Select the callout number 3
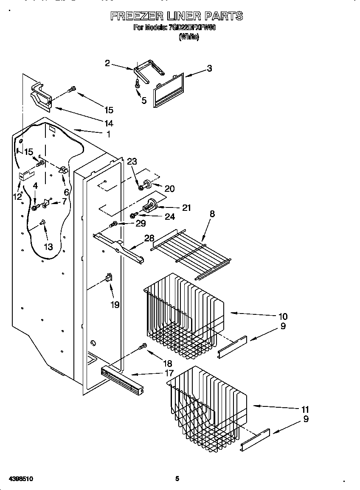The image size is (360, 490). (x=209, y=68)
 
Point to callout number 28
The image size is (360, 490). (x=149, y=238)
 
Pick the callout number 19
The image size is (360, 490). (x=115, y=304)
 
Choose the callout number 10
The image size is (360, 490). (x=283, y=316)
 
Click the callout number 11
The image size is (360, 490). (x=305, y=409)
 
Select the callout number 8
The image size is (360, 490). (x=212, y=214)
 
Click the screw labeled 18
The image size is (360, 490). (x=143, y=347)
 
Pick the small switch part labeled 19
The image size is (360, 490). (x=109, y=278)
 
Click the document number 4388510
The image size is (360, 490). (x=17, y=479)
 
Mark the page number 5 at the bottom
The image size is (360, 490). (x=177, y=479)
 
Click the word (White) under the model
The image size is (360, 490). (x=188, y=37)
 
